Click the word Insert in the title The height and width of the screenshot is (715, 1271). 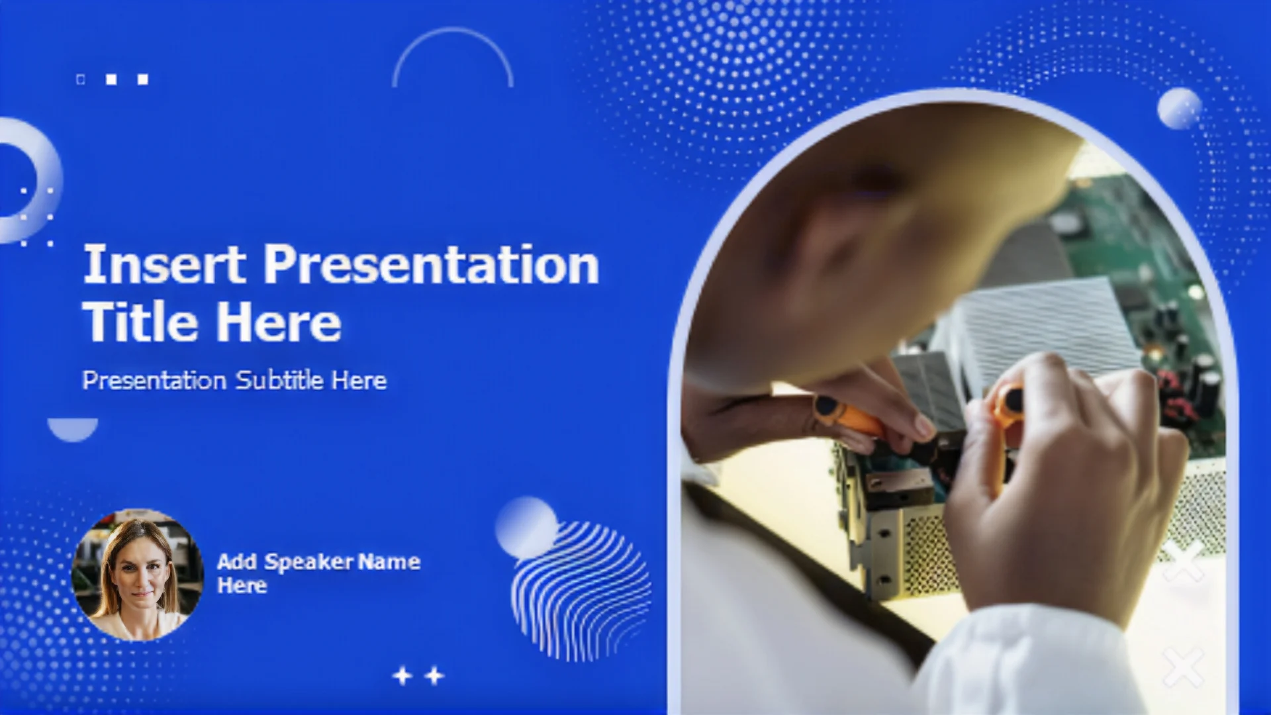pyautogui.click(x=164, y=264)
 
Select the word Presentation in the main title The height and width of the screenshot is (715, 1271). pyautogui.click(x=432, y=264)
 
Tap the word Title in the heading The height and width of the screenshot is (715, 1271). pyautogui.click(x=140, y=322)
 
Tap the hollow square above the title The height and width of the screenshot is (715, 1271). pyautogui.click(x=81, y=79)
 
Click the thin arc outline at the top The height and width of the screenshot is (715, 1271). pyautogui.click(x=453, y=30)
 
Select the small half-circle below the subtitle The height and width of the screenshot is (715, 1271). pyautogui.click(x=73, y=428)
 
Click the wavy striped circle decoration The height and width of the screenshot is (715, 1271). pyautogui.click(x=581, y=591)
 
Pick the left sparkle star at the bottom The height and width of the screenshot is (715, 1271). pyautogui.click(x=402, y=676)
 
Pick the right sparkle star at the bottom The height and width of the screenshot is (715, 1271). pyautogui.click(x=434, y=676)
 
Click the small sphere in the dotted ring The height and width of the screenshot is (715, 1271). pyautogui.click(x=1180, y=108)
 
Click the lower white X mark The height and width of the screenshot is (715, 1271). pyautogui.click(x=1183, y=666)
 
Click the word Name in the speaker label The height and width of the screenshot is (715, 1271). pyautogui.click(x=389, y=562)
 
